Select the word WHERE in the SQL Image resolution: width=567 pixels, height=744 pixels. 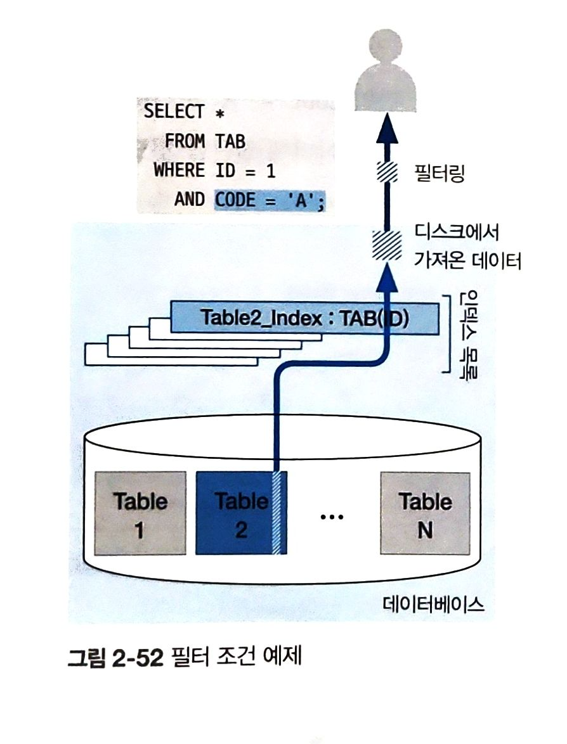point(179,170)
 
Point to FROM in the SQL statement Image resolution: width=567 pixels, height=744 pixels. point(185,141)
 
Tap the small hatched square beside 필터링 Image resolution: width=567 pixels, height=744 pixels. point(386,172)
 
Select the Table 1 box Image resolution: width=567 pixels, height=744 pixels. point(140,513)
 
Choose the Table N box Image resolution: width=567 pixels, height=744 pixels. point(425,513)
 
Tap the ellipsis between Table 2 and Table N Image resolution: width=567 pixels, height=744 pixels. point(331,517)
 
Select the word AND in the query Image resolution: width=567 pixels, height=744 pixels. point(189,200)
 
